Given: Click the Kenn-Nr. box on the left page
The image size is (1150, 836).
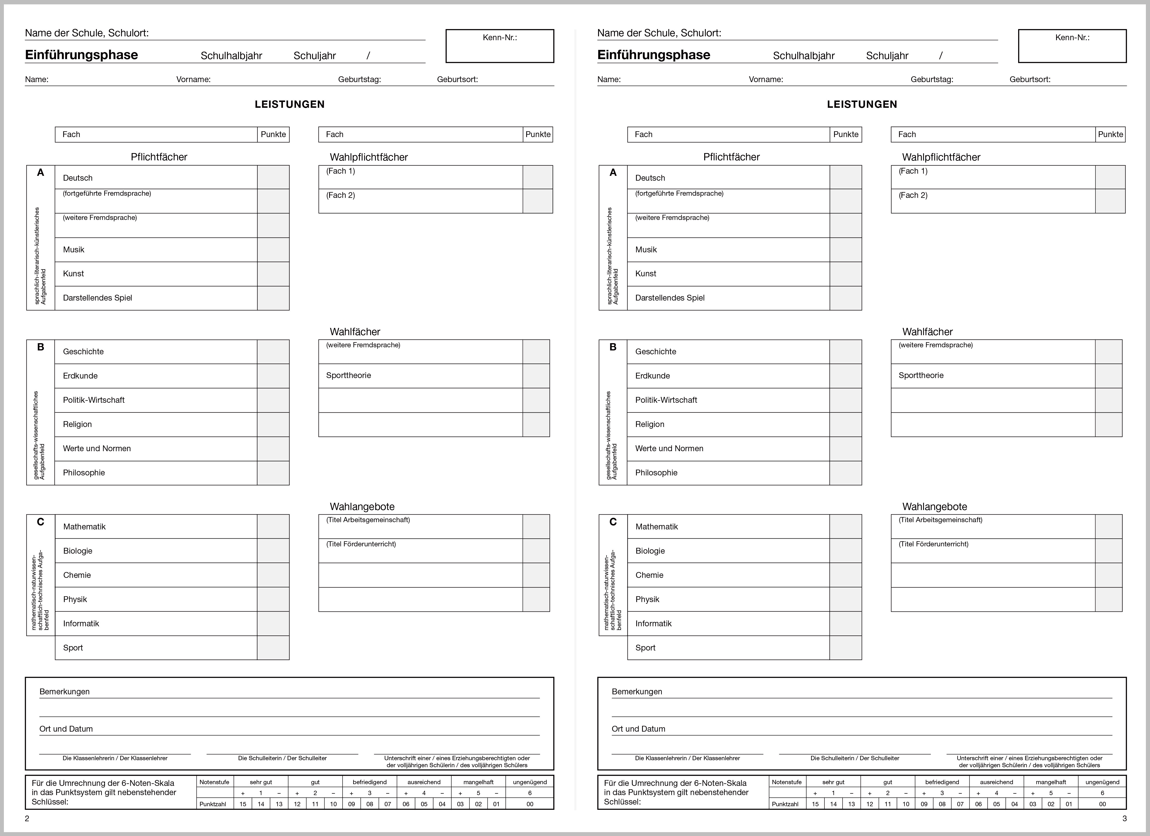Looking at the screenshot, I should (499, 46).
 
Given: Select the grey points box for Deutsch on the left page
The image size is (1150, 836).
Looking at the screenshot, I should (273, 177).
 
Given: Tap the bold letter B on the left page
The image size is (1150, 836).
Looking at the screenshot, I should (40, 347).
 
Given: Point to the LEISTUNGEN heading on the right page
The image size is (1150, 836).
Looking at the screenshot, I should (862, 104).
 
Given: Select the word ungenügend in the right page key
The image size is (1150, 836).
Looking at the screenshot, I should (1102, 782).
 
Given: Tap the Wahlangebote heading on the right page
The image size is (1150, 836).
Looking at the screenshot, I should (934, 507).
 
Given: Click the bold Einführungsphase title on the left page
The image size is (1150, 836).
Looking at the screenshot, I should (82, 55).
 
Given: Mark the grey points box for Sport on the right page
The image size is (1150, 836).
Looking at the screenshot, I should (846, 648).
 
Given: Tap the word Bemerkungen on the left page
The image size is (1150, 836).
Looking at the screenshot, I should (64, 692).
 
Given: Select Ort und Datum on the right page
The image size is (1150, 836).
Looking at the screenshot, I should (638, 728).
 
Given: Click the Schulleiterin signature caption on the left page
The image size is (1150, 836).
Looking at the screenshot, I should (282, 758).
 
